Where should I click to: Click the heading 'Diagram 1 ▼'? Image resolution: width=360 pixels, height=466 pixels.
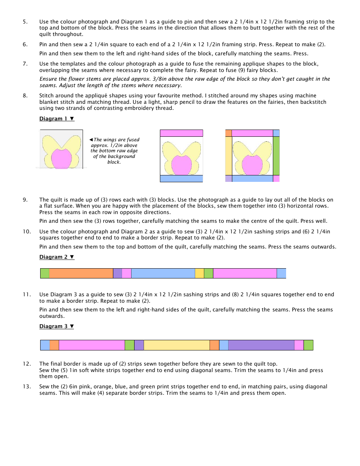tap(57, 119)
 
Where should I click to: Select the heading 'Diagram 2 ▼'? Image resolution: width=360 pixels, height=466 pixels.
tap(57, 257)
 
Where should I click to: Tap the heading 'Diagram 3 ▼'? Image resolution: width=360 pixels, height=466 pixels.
tap(57, 326)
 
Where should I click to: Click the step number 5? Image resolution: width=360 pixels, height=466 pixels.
tap(25, 22)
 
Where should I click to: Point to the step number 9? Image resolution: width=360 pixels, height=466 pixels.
tap(25, 200)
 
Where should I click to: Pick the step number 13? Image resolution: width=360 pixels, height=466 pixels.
tap(27, 386)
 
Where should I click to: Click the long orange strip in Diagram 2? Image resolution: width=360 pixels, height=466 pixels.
tap(81, 273)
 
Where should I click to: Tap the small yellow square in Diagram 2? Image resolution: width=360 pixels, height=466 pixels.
tap(199, 273)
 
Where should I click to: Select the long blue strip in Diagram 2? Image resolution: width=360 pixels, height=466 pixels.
tap(163, 273)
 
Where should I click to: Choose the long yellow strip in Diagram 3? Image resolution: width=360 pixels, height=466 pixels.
tap(177, 345)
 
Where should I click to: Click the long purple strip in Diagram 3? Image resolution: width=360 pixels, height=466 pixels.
tap(261, 345)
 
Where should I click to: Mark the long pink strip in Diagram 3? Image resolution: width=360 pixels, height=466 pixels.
tap(92, 345)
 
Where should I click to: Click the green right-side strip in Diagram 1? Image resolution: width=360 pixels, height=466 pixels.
tap(276, 156)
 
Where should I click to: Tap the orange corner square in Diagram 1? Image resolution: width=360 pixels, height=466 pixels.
tap(229, 133)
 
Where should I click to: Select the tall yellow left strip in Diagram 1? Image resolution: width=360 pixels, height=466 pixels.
tap(229, 156)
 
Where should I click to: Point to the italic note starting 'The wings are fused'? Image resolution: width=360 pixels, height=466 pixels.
tap(114, 151)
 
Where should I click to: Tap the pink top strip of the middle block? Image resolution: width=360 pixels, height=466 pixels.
tap(182, 133)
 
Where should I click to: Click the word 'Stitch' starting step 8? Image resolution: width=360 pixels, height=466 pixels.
tap(47, 95)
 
